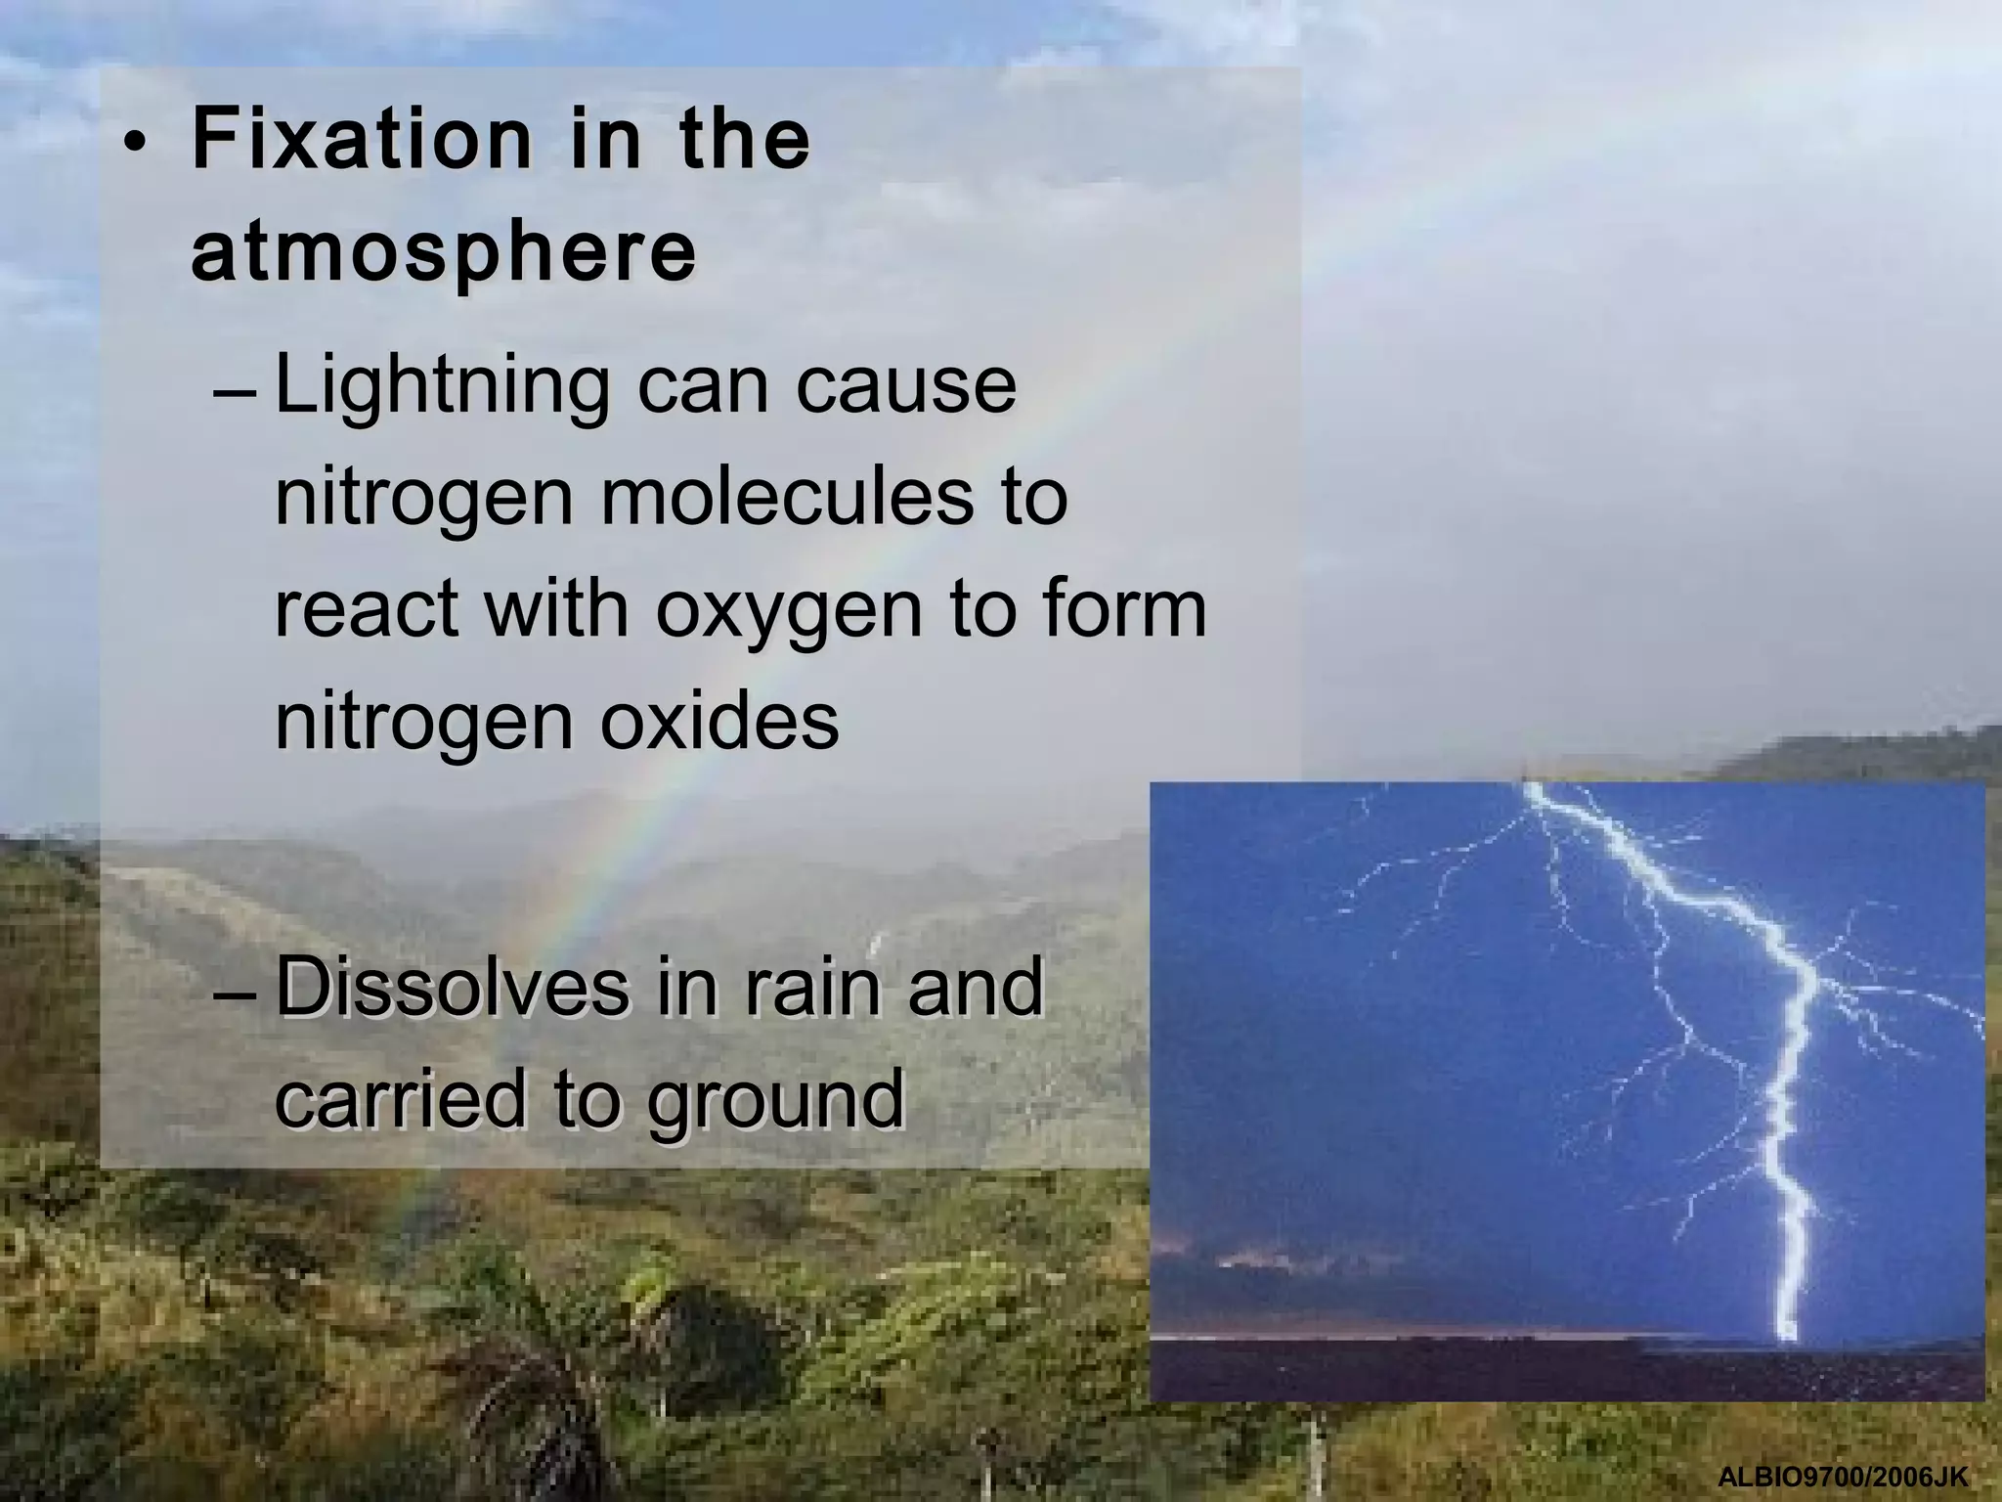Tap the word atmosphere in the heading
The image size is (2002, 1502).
click(x=444, y=253)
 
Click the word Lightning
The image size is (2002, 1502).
click(x=443, y=387)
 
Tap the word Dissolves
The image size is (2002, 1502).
click(x=452, y=989)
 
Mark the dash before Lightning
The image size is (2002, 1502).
click(x=234, y=396)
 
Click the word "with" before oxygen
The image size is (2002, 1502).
click(x=554, y=609)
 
